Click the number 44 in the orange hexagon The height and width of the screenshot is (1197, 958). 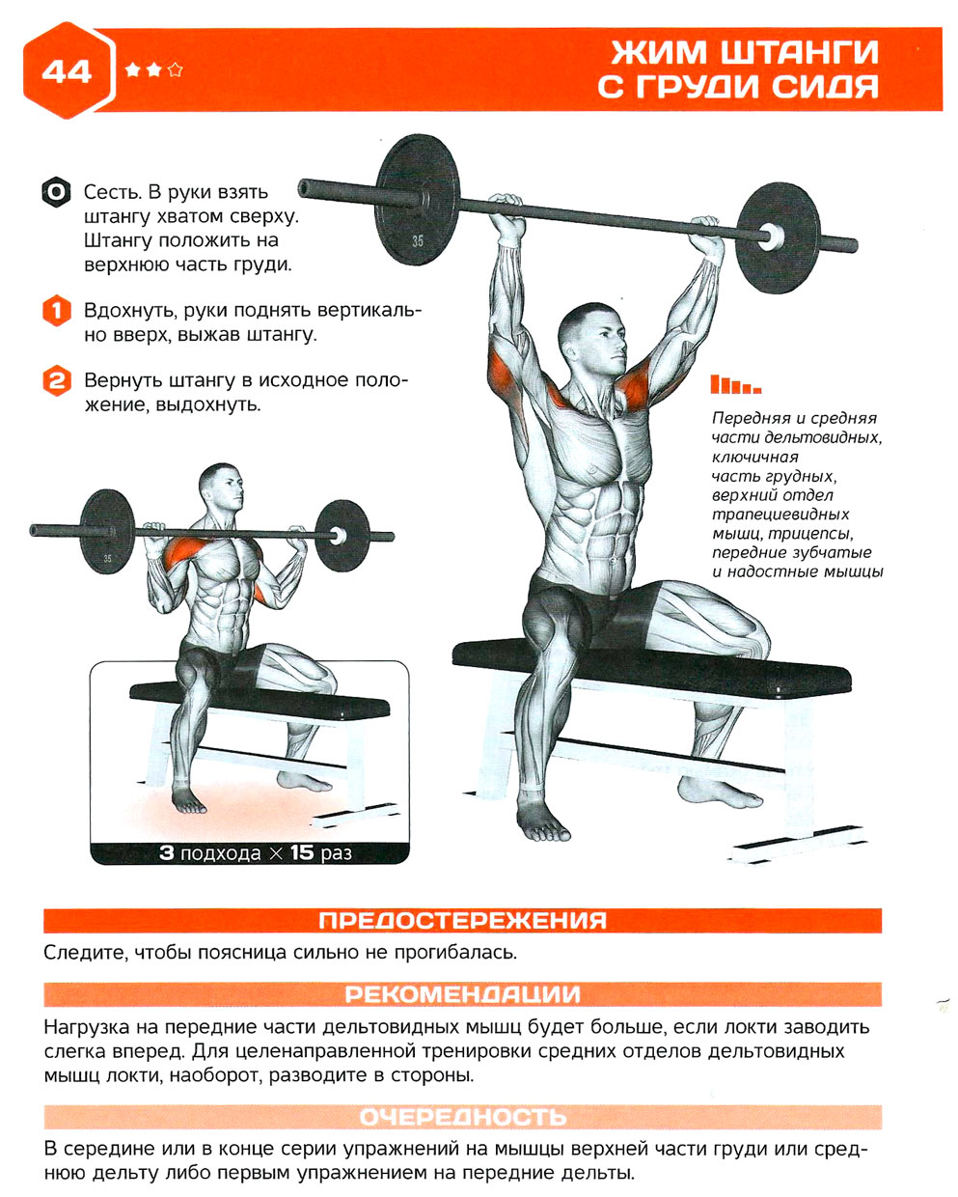pyautogui.click(x=67, y=71)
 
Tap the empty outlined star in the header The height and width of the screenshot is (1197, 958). pyautogui.click(x=175, y=70)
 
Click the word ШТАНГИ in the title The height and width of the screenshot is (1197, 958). pyautogui.click(x=800, y=52)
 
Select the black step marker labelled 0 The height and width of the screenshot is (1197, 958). pyautogui.click(x=56, y=192)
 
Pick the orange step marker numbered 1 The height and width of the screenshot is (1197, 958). pyautogui.click(x=57, y=311)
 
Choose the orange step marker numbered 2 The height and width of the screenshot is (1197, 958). pyautogui.click(x=57, y=381)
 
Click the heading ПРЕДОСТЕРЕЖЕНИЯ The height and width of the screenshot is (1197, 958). pyautogui.click(x=462, y=921)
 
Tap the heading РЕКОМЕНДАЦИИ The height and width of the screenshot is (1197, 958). pyautogui.click(x=462, y=994)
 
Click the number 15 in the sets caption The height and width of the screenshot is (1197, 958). pyautogui.click(x=302, y=852)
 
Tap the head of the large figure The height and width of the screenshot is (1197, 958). pyautogui.click(x=592, y=337)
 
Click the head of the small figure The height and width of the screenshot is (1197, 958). pyautogui.click(x=221, y=488)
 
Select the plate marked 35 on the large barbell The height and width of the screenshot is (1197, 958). pyautogui.click(x=417, y=199)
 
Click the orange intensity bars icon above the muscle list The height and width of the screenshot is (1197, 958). pyautogui.click(x=735, y=384)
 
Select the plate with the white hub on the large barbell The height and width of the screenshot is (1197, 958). pyautogui.click(x=779, y=237)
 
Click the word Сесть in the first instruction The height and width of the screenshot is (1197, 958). pyautogui.click(x=113, y=192)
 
